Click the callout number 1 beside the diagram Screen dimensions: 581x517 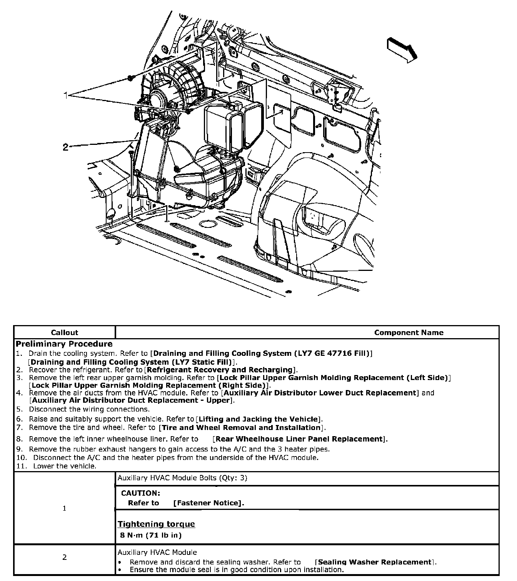[66, 95]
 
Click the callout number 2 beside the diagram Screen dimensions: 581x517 [66, 147]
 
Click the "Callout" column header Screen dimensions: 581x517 [64, 333]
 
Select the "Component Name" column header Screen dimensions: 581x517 [409, 333]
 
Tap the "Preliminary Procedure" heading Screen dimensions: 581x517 [64, 344]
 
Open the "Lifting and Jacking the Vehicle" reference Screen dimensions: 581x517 [258, 419]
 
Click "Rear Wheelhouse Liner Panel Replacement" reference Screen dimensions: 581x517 [300, 439]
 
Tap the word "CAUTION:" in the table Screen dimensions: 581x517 [140, 493]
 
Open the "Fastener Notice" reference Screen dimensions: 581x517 [208, 503]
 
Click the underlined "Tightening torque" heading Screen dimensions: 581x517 [156, 524]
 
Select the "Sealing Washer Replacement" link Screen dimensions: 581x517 [375, 562]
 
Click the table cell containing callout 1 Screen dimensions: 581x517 [64, 508]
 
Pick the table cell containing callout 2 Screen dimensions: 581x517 [64, 557]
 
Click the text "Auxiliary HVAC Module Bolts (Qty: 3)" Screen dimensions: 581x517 [182, 478]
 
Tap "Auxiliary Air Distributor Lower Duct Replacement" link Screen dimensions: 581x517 [320, 393]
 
